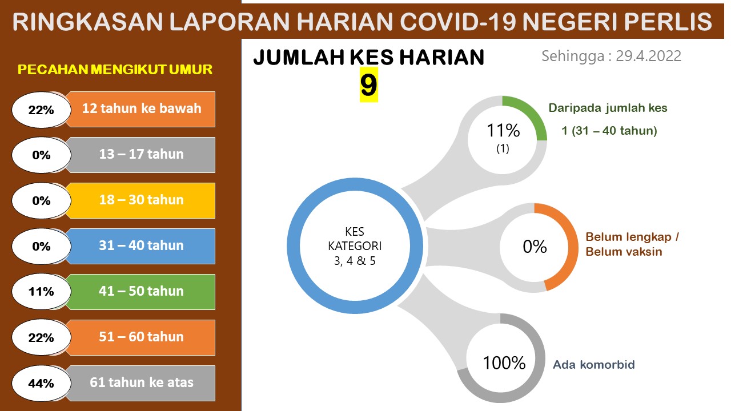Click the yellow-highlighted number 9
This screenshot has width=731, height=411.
point(369,85)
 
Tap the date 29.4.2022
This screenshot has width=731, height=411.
point(648,56)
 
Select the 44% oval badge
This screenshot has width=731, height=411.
point(41,383)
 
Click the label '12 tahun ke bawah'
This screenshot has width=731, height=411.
point(142,108)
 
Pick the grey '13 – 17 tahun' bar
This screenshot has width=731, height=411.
point(141,155)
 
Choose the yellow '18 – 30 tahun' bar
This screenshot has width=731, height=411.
point(141,200)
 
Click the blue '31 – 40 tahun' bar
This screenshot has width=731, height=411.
point(141,246)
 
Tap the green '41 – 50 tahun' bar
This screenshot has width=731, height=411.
point(141,292)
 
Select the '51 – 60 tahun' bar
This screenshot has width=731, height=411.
point(141,337)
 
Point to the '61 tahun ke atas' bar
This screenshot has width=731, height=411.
point(141,383)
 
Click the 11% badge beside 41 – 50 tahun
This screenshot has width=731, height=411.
point(41,292)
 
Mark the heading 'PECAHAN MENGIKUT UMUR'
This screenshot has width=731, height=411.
point(115,70)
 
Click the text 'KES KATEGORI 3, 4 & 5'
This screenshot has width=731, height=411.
point(355,246)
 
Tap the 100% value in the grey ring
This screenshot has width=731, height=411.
point(504,362)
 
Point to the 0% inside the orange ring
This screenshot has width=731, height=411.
point(535,247)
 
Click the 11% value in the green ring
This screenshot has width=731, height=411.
point(503,131)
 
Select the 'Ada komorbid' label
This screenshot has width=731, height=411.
point(594,365)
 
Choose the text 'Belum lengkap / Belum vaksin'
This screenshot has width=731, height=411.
point(632,244)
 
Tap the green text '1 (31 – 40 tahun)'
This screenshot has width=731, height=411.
point(609,131)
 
